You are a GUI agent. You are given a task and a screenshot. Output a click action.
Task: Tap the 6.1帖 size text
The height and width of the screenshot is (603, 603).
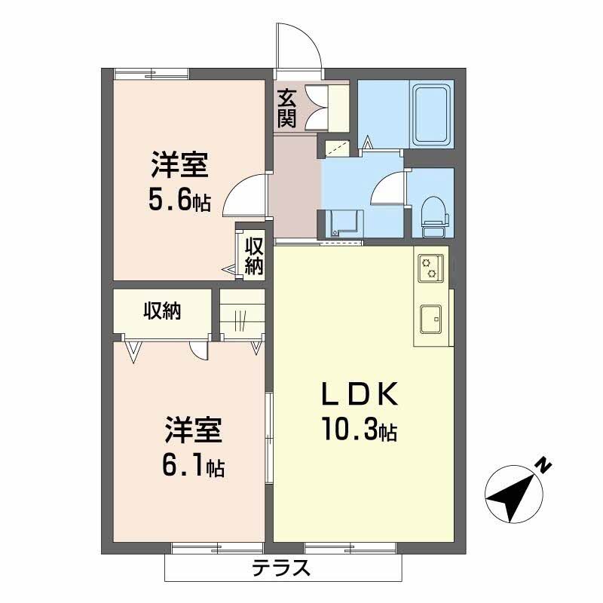192,466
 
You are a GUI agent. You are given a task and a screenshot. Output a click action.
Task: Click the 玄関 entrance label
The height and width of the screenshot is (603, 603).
286,108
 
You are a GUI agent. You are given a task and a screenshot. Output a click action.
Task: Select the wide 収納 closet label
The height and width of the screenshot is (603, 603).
162,311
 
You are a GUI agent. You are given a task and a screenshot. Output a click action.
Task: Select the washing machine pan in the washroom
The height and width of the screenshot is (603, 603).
343,223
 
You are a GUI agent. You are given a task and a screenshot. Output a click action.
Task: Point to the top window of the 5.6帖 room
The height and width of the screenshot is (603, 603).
151,73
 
